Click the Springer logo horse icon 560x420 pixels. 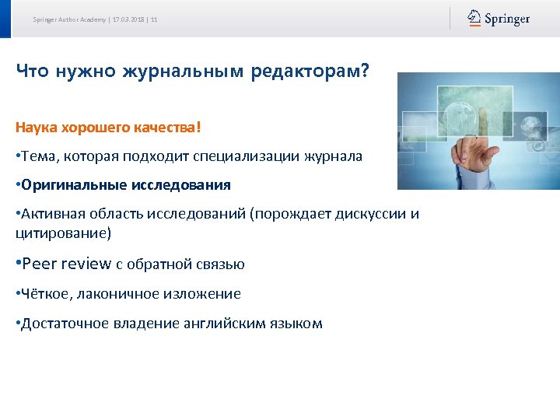(474, 18)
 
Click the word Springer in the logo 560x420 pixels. (507, 19)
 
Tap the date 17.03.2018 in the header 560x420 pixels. (129, 19)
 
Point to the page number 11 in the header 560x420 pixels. (154, 19)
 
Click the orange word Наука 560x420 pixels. (35, 126)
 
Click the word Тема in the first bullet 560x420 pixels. (38, 156)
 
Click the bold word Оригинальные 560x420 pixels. (68, 185)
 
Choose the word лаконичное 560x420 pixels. (112, 294)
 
